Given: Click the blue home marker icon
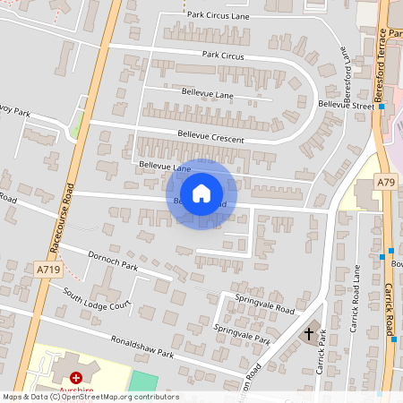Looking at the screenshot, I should [x=201, y=193].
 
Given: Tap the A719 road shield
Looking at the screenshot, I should [x=48, y=269].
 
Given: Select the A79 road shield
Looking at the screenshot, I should [x=386, y=182].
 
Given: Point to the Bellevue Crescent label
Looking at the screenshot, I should [x=211, y=135].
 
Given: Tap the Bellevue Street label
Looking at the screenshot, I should [x=348, y=106].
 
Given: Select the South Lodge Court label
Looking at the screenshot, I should [x=97, y=299].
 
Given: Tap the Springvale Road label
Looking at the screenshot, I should [x=264, y=303].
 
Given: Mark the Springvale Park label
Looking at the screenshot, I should [x=242, y=333].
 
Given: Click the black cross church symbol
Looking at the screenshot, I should [x=309, y=334].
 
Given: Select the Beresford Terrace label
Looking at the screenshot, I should [x=382, y=63].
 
